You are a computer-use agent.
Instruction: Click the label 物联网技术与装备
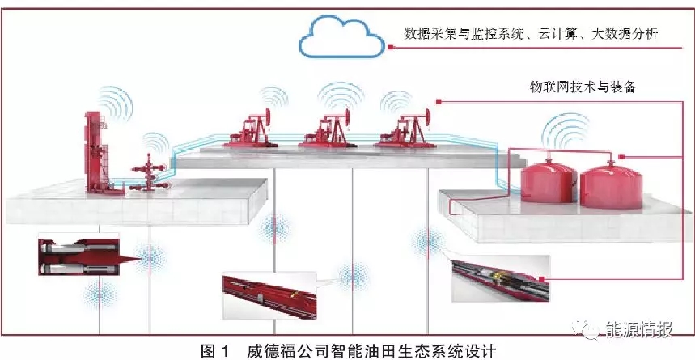(x=583, y=87)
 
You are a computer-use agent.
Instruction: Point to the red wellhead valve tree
(x=150, y=174)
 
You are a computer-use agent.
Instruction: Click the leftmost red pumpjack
(x=252, y=129)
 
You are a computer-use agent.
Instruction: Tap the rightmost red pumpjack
(x=404, y=129)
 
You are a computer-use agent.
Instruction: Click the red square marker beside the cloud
(x=390, y=47)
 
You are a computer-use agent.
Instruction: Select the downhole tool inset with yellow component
(x=500, y=278)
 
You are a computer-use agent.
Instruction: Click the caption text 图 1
(x=214, y=352)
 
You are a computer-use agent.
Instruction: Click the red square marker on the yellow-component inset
(x=541, y=279)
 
